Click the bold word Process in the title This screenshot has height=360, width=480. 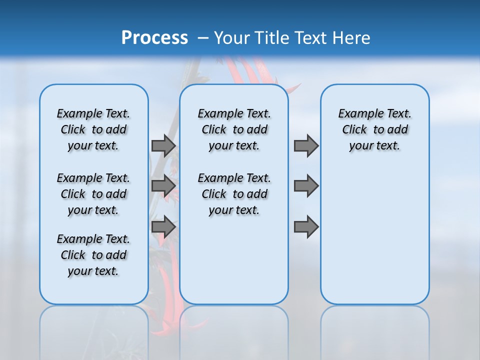pos(154,38)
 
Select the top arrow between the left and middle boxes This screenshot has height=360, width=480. pos(163,145)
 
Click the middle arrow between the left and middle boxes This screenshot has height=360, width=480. pos(163,185)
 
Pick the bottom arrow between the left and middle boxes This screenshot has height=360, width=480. pos(163,227)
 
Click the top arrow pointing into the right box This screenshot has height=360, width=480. pos(306,145)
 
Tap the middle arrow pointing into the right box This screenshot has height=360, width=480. pos(306,185)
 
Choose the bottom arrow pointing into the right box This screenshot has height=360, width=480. pos(306,227)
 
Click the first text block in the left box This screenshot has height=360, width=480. pos(93,129)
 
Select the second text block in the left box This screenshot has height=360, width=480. pos(93,194)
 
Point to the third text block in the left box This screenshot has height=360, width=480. pos(93,255)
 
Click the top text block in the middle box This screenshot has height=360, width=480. pos(234,129)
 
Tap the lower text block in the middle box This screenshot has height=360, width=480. pos(234,194)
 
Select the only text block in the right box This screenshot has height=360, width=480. pos(374,129)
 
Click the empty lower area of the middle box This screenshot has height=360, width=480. pos(234,260)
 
